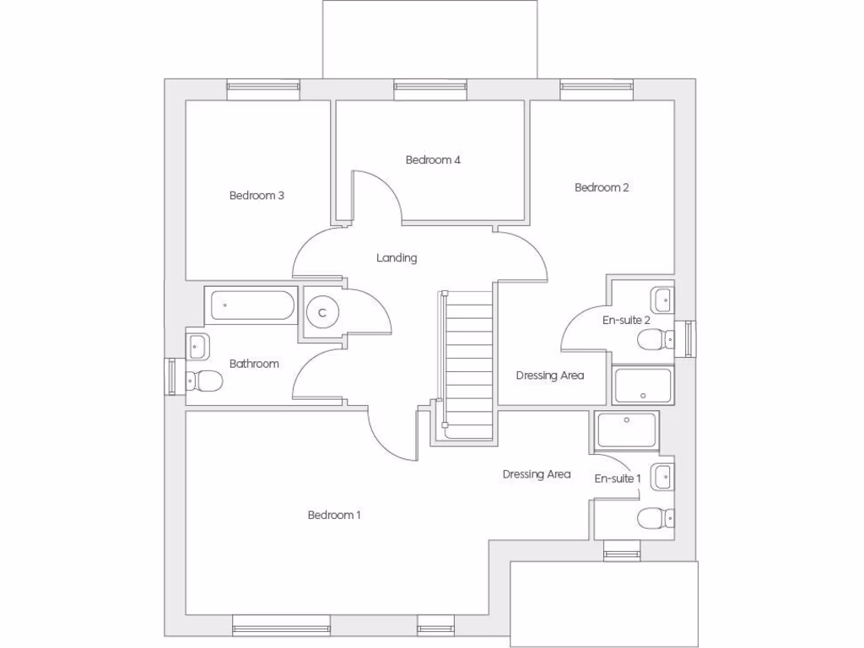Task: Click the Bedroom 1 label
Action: pyautogui.click(x=334, y=515)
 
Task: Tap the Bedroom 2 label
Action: pyautogui.click(x=602, y=187)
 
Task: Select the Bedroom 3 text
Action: pyautogui.click(x=256, y=196)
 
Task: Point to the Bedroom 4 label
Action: pyautogui.click(x=433, y=159)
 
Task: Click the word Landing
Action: pyautogui.click(x=397, y=258)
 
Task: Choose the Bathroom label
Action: pyautogui.click(x=254, y=364)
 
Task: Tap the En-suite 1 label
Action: pyautogui.click(x=618, y=478)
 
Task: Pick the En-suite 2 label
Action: pyautogui.click(x=625, y=321)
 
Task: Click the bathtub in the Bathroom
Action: pyautogui.click(x=251, y=305)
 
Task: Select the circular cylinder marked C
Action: pyautogui.click(x=322, y=312)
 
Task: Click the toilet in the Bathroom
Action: pyautogui.click(x=204, y=381)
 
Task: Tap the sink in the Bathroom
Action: pyautogui.click(x=198, y=345)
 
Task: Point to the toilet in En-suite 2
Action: pyautogui.click(x=654, y=341)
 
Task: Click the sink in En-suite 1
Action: pyautogui.click(x=662, y=476)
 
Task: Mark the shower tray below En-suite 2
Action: pyautogui.click(x=643, y=385)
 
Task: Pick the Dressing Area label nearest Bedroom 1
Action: pyautogui.click(x=536, y=474)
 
